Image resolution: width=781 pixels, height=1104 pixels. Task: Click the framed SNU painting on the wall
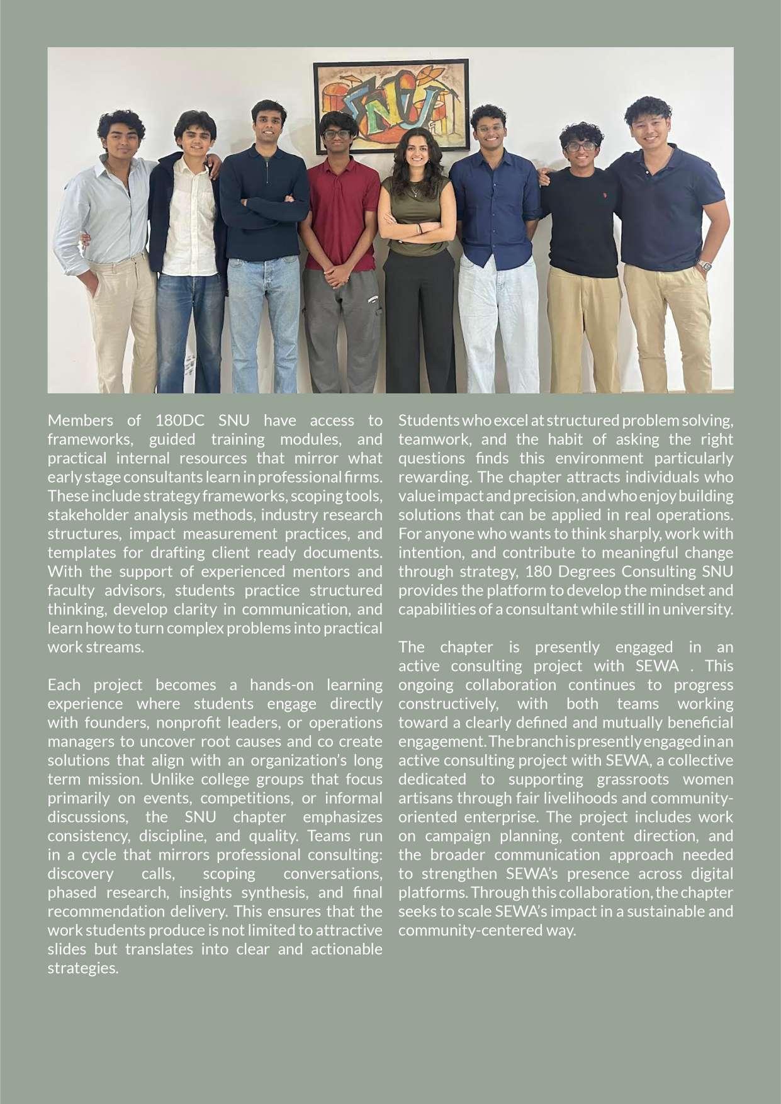(391, 107)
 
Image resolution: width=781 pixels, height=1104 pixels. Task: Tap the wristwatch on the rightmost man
(705, 265)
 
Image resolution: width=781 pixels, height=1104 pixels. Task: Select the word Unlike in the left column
(171, 779)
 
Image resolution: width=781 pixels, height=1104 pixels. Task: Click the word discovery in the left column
(81, 873)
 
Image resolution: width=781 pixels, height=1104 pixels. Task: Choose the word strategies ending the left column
(82, 967)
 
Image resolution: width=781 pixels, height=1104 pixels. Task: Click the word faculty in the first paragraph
(70, 590)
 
